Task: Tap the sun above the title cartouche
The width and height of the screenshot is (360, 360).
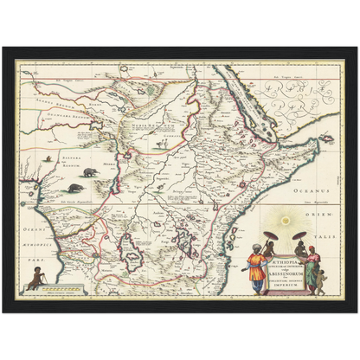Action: point(288,223)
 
